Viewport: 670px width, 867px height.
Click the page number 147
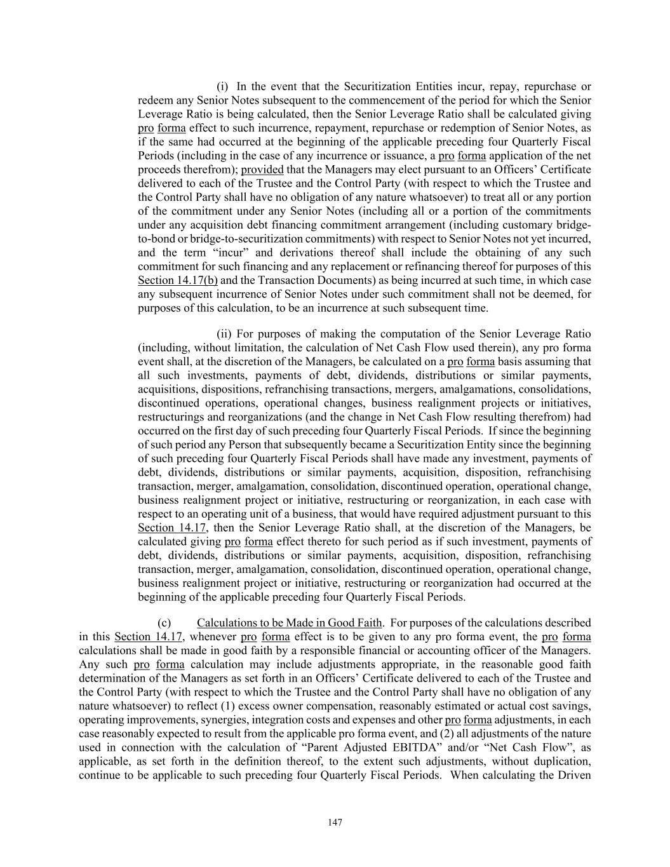(335, 823)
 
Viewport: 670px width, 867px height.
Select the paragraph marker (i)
(222, 86)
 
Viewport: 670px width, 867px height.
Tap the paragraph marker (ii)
(224, 334)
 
